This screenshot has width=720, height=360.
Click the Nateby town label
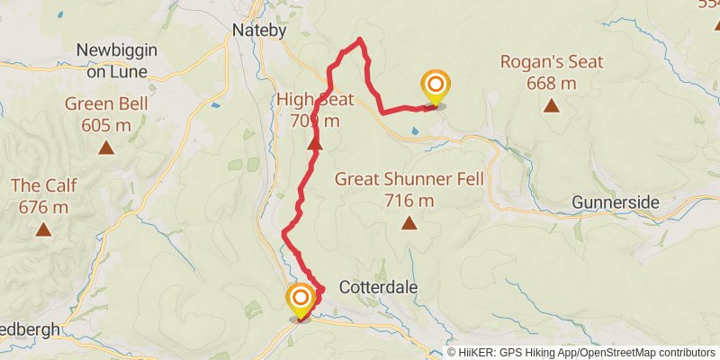pos(259,30)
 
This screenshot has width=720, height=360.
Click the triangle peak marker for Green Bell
pos(106,148)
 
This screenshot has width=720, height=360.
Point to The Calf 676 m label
pos(43,196)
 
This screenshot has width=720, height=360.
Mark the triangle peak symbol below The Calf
pos(43,230)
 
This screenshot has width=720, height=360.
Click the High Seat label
pos(314,109)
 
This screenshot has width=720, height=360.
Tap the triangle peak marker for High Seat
pos(315,143)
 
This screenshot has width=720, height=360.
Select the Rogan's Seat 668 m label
pos(552,72)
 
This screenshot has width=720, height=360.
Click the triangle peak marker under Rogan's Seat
pos(551,106)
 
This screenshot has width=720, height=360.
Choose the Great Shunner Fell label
pos(409,189)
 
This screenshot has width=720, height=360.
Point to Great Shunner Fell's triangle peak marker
pos(409,222)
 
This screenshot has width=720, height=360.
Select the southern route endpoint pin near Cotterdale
pos(300,300)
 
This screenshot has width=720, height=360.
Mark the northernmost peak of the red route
pos(360,39)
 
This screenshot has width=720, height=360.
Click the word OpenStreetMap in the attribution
pos(617,353)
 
